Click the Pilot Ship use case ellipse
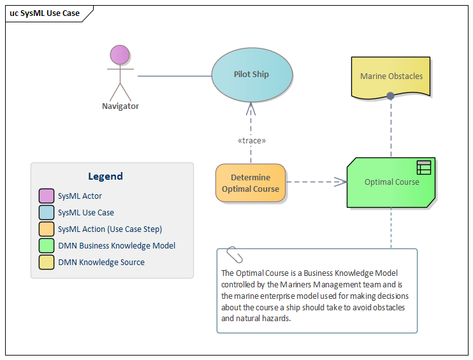pyautogui.click(x=252, y=75)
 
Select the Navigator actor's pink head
pyautogui.click(x=120, y=55)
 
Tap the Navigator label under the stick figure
pyautogui.click(x=120, y=106)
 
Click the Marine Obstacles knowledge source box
pyautogui.click(x=391, y=76)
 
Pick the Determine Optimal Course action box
pyautogui.click(x=251, y=184)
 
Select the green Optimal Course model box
pyautogui.click(x=391, y=182)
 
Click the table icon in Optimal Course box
pyautogui.click(x=424, y=168)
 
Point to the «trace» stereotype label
pyautogui.click(x=251, y=141)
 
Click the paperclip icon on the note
pyautogui.click(x=235, y=254)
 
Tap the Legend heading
pyautogui.click(x=105, y=176)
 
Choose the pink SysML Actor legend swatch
pyautogui.click(x=46, y=196)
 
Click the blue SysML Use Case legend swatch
pyautogui.click(x=46, y=213)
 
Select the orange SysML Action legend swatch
pyautogui.click(x=46, y=229)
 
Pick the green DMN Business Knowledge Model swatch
pyautogui.click(x=46, y=246)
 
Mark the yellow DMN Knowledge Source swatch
pyautogui.click(x=46, y=263)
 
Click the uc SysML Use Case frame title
pyautogui.click(x=45, y=13)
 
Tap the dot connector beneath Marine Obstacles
pyautogui.click(x=390, y=96)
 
